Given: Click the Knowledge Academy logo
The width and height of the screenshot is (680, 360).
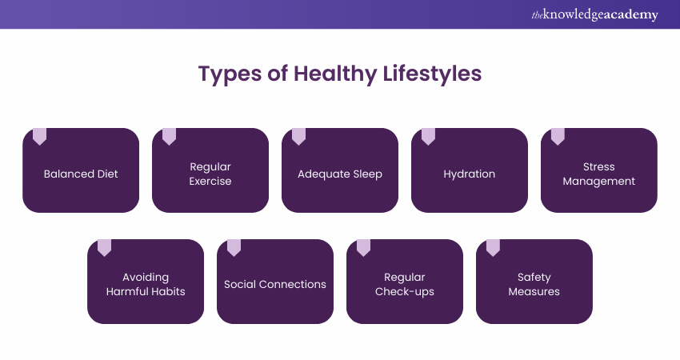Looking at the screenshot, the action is pyautogui.click(x=594, y=14).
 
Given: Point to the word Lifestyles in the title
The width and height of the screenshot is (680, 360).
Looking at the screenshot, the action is pyautogui.click(x=432, y=73).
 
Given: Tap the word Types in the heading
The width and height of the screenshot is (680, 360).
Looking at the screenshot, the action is pyautogui.click(x=230, y=74).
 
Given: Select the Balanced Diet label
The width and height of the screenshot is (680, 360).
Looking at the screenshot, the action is pyautogui.click(x=81, y=174).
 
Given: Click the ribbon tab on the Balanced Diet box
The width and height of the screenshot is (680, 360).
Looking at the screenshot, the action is pyautogui.click(x=39, y=136).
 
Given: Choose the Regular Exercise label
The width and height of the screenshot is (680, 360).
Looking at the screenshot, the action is pyautogui.click(x=210, y=174).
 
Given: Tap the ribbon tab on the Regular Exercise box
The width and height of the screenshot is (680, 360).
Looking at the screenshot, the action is pyautogui.click(x=169, y=136).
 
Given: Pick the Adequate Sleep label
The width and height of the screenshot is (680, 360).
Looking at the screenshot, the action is pyautogui.click(x=340, y=174).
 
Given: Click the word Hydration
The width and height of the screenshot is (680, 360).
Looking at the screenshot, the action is pyautogui.click(x=470, y=174).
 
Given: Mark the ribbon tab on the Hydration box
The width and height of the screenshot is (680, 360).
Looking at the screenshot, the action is pyautogui.click(x=428, y=136).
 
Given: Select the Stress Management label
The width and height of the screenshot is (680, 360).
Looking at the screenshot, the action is pyautogui.click(x=599, y=174).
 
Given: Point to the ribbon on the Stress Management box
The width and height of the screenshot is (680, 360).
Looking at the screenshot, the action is pyautogui.click(x=558, y=136).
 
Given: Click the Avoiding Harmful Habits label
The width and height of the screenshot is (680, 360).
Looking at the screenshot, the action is pyautogui.click(x=146, y=284).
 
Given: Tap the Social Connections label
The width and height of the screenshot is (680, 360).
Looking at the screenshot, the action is pyautogui.click(x=275, y=285).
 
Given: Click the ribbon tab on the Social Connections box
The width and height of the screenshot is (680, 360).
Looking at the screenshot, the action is pyautogui.click(x=234, y=248).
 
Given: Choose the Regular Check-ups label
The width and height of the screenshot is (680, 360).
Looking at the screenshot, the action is pyautogui.click(x=405, y=285).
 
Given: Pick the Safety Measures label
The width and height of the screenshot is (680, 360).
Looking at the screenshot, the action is pyautogui.click(x=534, y=285).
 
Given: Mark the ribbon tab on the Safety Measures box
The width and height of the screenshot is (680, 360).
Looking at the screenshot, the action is pyautogui.click(x=493, y=248).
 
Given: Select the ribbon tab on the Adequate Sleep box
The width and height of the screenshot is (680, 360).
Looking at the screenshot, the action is pyautogui.click(x=299, y=136).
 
